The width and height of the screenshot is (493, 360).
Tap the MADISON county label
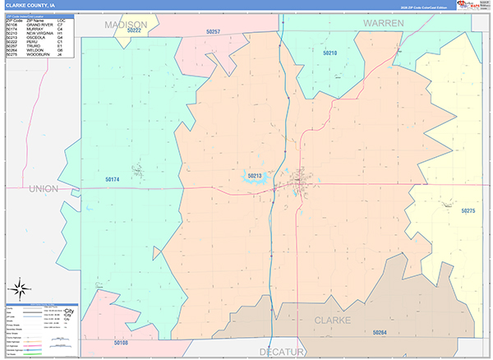point(127,24)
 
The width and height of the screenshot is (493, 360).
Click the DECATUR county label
point(282,351)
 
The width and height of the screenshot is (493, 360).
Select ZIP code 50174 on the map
point(113,179)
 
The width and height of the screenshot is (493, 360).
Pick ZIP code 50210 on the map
point(330,53)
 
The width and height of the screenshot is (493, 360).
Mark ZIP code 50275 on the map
point(468,211)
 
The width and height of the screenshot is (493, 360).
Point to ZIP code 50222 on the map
point(135,30)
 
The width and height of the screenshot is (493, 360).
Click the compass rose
point(20,288)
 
